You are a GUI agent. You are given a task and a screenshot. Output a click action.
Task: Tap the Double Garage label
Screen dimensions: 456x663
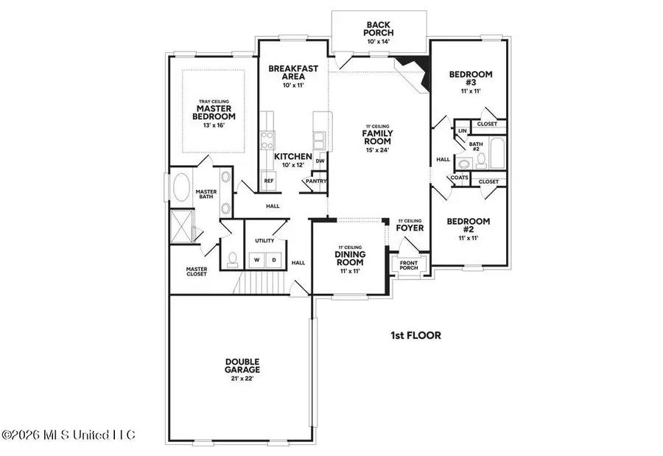[x=242, y=365]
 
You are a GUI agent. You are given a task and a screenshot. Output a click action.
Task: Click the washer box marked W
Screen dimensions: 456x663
[x=258, y=260]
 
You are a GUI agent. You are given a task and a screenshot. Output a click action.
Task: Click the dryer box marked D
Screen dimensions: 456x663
[x=273, y=260]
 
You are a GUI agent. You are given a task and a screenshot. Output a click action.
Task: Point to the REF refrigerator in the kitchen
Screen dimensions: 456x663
[x=269, y=180]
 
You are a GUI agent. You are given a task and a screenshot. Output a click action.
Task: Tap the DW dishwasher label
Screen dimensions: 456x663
[x=320, y=161]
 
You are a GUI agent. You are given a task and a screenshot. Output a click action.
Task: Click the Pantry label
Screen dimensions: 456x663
[x=317, y=181]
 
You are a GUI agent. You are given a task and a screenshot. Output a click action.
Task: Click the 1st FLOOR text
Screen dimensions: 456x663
[x=415, y=335]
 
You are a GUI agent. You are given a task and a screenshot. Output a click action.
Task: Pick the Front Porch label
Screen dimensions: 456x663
[x=408, y=265]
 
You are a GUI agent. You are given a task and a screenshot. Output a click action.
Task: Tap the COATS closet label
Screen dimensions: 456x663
[x=459, y=178]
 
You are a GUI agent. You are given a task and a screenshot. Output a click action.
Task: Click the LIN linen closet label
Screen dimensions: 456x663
[x=463, y=130]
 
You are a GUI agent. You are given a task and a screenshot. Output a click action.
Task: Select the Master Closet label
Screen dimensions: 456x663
[x=197, y=272]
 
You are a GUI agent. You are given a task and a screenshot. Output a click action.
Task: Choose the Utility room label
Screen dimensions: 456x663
[x=264, y=241]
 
